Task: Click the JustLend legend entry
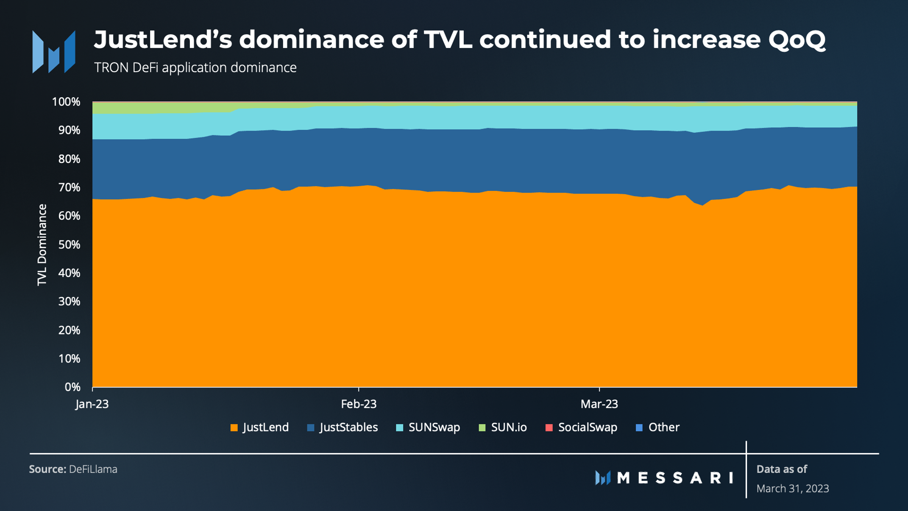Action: pos(259,427)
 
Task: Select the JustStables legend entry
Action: pos(343,427)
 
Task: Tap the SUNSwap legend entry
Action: pos(428,427)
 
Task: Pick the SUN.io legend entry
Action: pos(503,427)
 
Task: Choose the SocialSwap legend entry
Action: pos(581,427)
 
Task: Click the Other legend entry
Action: pos(658,427)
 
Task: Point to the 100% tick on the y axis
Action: pos(66,102)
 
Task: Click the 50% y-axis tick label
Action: pos(69,245)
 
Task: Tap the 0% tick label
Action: pos(72,387)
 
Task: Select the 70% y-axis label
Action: pos(69,187)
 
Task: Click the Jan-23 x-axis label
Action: pos(92,404)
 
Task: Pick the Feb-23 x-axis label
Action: pos(359,404)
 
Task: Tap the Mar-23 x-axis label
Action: pos(599,404)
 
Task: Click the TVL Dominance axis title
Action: pos(42,245)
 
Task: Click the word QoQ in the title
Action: pos(797,39)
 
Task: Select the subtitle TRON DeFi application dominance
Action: pos(195,67)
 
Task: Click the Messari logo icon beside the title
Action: pos(54,52)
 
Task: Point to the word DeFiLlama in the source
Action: pos(93,469)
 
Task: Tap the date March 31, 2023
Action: pos(792,489)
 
